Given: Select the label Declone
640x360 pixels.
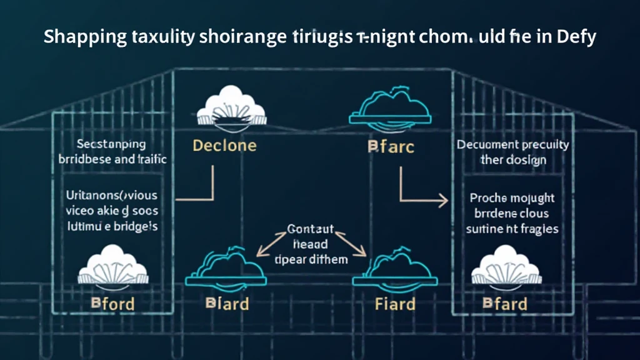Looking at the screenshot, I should pyautogui.click(x=224, y=146).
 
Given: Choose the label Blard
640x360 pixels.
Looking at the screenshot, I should pyautogui.click(x=227, y=304).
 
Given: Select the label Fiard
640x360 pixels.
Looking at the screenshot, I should pyautogui.click(x=395, y=304).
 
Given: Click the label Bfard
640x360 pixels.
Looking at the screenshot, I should pyautogui.click(x=505, y=304).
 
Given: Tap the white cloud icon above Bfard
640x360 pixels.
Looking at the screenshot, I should pyautogui.click(x=505, y=269).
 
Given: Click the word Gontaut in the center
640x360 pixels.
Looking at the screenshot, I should pyautogui.click(x=310, y=229).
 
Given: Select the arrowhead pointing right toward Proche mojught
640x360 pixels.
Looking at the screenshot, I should pyautogui.click(x=443, y=200).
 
